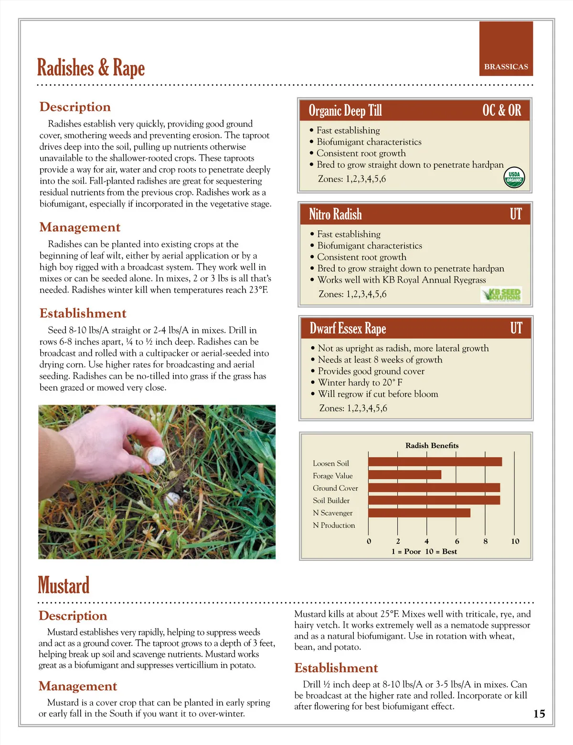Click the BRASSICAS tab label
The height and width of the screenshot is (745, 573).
(506, 66)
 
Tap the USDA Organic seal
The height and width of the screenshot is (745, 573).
(514, 177)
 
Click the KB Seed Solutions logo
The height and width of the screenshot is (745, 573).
(501, 294)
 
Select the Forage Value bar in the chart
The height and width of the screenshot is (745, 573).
(404, 475)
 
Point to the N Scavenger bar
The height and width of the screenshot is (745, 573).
(419, 513)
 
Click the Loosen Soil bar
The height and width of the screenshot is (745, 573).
(435, 462)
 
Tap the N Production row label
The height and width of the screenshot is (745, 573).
(334, 525)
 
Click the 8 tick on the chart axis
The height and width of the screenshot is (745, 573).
(486, 541)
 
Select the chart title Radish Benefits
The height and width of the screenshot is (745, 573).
(432, 446)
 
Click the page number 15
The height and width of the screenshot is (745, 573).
(539, 714)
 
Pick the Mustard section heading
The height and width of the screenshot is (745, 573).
(64, 585)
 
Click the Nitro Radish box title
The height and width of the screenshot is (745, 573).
(335, 214)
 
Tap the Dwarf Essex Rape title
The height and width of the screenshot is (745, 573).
(348, 329)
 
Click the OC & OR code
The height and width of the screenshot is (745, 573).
(501, 110)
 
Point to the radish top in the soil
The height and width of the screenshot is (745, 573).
(171, 499)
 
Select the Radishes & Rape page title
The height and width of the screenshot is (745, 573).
(91, 67)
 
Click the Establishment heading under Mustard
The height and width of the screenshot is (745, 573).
(336, 668)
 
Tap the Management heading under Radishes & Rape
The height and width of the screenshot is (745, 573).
(80, 227)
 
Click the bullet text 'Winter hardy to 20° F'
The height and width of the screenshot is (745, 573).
(360, 383)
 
